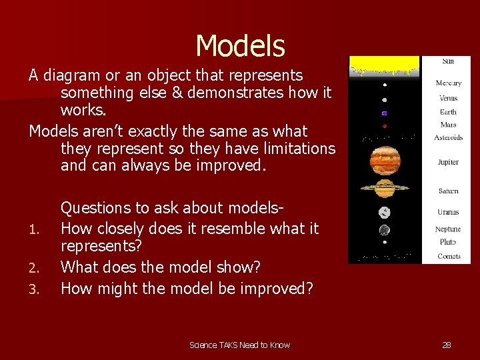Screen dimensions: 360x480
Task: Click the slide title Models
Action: tap(240, 46)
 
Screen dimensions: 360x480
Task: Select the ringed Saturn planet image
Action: tap(385, 189)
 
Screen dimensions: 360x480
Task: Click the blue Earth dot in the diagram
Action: tap(385, 113)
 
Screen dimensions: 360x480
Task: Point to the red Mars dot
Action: tap(385, 125)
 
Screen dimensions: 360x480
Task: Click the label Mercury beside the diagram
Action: tap(448, 83)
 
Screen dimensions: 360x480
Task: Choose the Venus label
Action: tap(448, 98)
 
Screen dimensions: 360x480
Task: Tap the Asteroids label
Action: tap(448, 138)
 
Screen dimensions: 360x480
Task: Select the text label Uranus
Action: tap(448, 212)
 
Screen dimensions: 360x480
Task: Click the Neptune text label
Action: tap(448, 229)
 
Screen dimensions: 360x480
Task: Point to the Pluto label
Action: tap(448, 242)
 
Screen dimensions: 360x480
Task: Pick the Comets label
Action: tap(448, 256)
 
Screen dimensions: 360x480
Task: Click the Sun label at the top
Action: tap(448, 61)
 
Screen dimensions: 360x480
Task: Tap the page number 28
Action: tap(447, 345)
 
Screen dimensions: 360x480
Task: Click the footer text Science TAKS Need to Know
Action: tap(239, 345)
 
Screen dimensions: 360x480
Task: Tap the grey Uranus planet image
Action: tap(385, 213)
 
